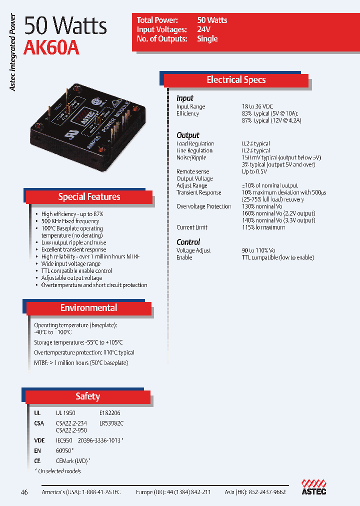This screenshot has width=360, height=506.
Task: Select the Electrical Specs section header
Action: click(x=236, y=80)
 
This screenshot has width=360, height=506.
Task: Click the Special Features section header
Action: click(x=89, y=197)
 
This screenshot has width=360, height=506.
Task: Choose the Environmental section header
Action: click(x=88, y=308)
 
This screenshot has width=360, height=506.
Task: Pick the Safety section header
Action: click(x=87, y=396)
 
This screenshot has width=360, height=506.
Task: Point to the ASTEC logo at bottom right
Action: click(x=313, y=487)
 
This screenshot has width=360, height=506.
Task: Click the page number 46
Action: click(x=24, y=492)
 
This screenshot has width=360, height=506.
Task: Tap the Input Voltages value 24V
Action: click(x=204, y=29)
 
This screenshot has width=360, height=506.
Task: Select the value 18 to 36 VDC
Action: click(x=257, y=106)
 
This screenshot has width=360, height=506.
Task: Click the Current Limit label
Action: click(x=192, y=227)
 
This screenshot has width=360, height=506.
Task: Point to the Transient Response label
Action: click(x=198, y=192)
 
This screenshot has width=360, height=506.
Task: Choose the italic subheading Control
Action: click(x=188, y=242)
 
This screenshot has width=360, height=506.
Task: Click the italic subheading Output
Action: click(x=187, y=135)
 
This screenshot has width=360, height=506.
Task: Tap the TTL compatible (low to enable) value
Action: click(x=278, y=257)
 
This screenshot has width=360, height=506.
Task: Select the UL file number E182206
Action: click(x=110, y=413)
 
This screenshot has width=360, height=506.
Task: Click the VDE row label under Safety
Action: click(x=39, y=440)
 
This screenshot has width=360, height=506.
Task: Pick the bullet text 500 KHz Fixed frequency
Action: click(x=70, y=221)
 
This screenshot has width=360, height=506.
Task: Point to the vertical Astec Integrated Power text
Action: click(x=13, y=52)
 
